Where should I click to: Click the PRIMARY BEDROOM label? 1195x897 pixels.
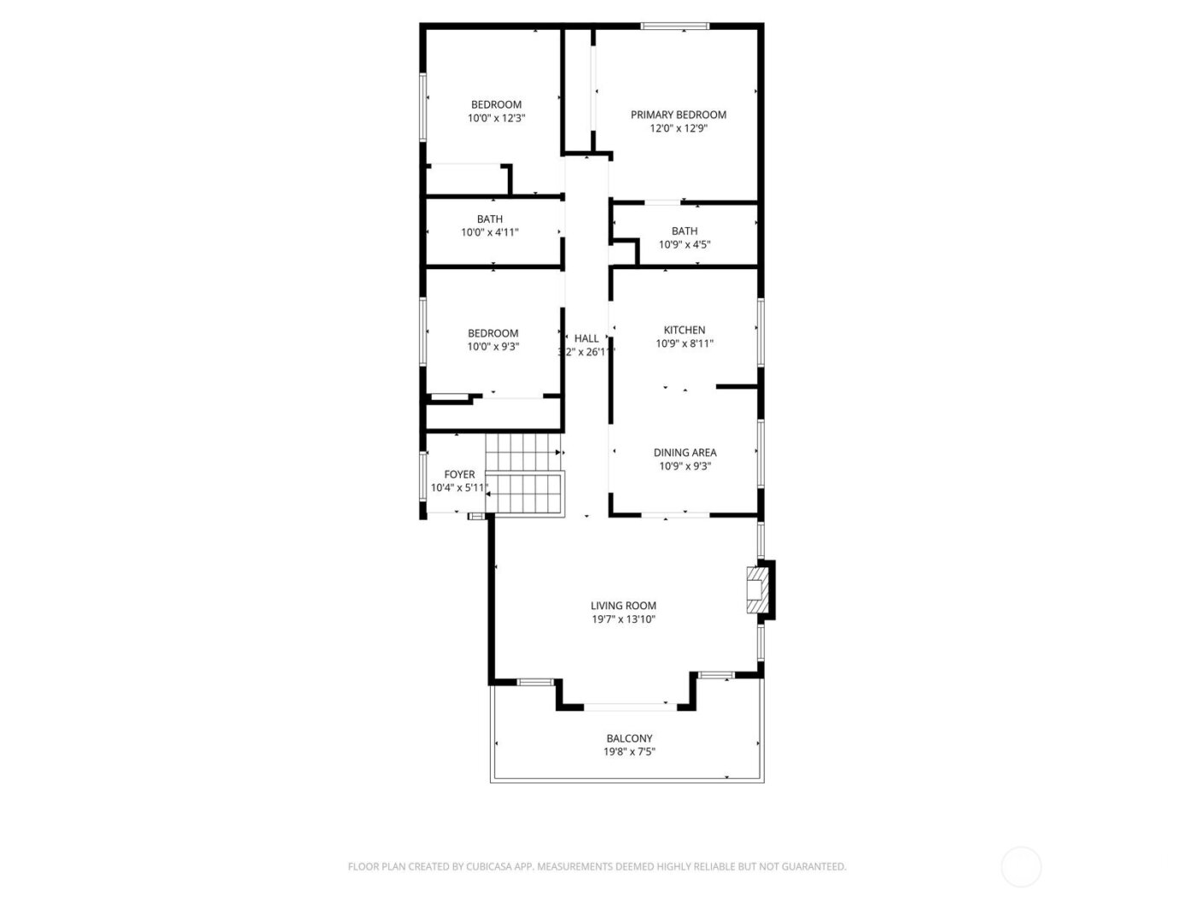coord(678,114)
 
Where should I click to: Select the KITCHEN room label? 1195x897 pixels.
coord(685,330)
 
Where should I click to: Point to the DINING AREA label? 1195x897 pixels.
coord(685,453)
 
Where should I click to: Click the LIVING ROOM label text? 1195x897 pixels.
coord(623,606)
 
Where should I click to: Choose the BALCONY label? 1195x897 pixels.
coord(629,738)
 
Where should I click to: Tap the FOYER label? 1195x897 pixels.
coord(459,474)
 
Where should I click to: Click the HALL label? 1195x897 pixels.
coord(586,338)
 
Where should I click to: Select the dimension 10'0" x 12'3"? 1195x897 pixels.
coord(496,119)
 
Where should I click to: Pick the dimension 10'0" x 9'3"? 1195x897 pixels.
coord(493,347)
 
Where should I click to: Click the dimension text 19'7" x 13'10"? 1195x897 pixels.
coord(623,619)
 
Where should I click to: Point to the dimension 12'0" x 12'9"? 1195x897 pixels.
coord(678,128)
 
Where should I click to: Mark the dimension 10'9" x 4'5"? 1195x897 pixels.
coord(685,244)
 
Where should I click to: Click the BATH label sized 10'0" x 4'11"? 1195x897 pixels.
coord(490,219)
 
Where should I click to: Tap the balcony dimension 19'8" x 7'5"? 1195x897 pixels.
coord(629,752)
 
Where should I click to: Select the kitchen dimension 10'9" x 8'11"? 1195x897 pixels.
coord(685,343)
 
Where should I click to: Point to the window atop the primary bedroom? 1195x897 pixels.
coord(675,26)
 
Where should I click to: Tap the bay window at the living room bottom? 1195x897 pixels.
coord(630,706)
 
